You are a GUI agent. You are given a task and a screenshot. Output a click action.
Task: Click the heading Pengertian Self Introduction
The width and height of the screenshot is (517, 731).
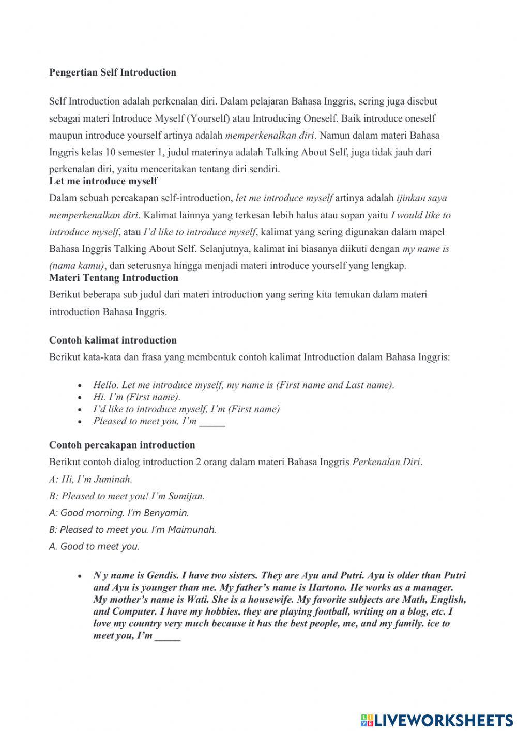point(112,72)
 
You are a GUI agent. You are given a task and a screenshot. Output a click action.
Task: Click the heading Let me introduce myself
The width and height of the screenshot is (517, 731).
point(103,181)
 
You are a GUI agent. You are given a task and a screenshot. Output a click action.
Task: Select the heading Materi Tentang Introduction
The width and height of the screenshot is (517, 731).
point(114,278)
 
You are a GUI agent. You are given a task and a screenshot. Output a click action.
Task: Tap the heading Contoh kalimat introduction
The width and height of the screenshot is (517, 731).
point(113,340)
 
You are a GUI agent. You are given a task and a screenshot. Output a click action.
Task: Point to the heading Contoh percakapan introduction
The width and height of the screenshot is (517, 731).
point(122,445)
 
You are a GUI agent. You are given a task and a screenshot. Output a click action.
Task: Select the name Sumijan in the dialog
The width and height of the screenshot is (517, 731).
point(186,496)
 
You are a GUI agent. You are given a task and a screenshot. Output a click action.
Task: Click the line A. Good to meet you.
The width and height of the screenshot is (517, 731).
point(94,547)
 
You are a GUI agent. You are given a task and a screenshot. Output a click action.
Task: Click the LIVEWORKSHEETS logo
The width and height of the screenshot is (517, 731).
point(437,720)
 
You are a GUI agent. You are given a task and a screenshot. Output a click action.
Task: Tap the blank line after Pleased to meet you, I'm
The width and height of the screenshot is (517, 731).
point(212,422)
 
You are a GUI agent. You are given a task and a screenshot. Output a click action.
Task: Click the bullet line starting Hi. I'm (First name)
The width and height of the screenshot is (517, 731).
point(136,397)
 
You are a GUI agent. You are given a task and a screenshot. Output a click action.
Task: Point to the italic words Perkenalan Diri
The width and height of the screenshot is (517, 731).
point(386,462)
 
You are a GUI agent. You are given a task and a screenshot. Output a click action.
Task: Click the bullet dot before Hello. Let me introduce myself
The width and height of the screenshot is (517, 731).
point(80,386)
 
